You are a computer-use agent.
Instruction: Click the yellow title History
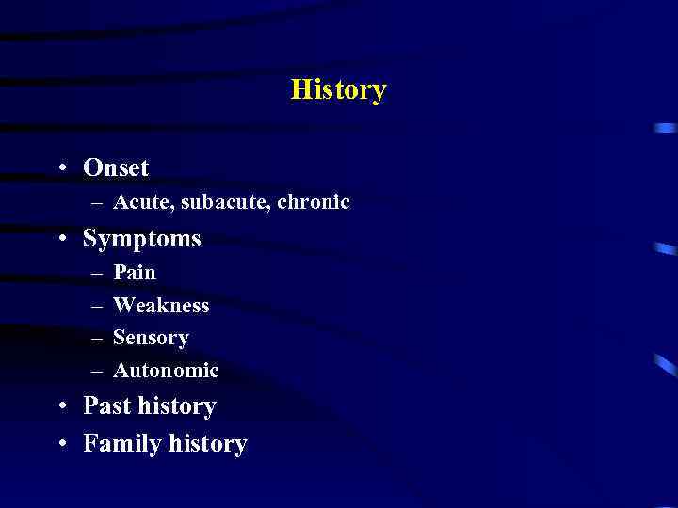(x=339, y=90)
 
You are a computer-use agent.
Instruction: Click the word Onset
(x=116, y=167)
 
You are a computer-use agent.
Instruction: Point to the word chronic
(x=314, y=202)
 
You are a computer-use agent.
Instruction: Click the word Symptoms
(x=142, y=239)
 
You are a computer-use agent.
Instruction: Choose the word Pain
(x=135, y=273)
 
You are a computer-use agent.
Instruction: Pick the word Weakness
(x=161, y=305)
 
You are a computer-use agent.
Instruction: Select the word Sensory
(x=151, y=338)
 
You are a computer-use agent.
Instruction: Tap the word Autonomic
(x=166, y=371)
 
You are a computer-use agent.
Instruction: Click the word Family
(x=121, y=443)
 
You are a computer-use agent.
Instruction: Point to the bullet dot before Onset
(x=61, y=168)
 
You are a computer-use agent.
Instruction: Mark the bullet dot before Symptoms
(x=61, y=240)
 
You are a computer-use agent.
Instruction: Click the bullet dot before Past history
(x=61, y=406)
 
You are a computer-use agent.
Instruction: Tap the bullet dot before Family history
(x=61, y=444)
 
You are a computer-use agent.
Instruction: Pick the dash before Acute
(x=98, y=203)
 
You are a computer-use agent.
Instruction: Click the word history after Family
(x=207, y=443)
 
